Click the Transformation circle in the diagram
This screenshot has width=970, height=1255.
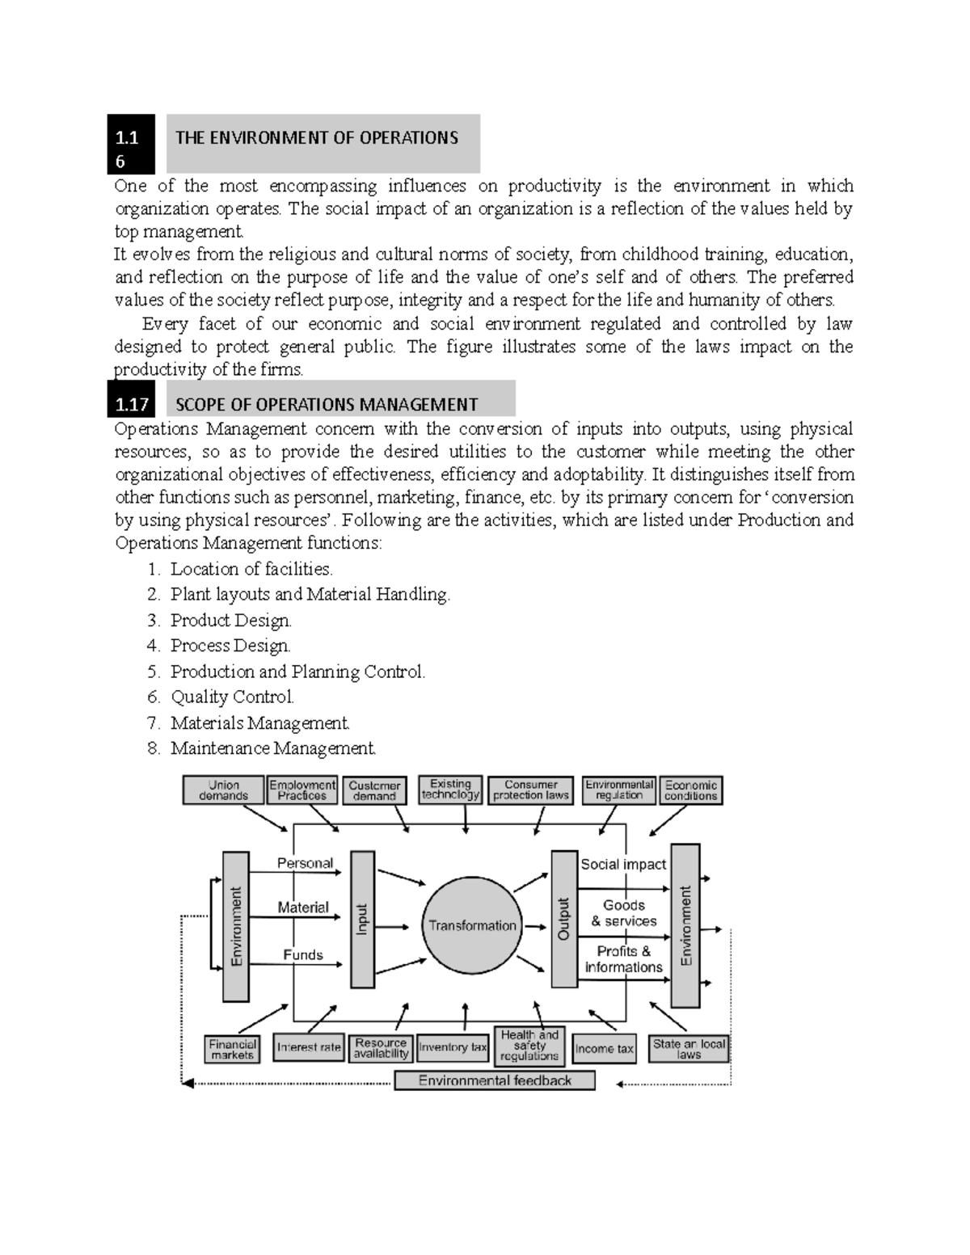point(472,925)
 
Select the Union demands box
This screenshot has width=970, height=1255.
point(224,790)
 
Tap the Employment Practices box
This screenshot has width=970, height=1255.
point(302,790)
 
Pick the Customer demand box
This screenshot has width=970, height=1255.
point(374,790)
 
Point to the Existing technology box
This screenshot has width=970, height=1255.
point(450,790)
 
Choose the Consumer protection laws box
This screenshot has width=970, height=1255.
point(531,790)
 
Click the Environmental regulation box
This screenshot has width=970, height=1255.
point(619,790)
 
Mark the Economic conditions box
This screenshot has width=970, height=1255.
point(691,790)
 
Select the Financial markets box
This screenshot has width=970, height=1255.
point(232,1049)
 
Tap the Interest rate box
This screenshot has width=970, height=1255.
point(309,1047)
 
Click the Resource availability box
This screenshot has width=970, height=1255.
point(381,1048)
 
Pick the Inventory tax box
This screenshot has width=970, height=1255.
point(453,1047)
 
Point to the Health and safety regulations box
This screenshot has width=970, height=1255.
point(529,1046)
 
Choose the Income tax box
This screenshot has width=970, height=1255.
point(604,1048)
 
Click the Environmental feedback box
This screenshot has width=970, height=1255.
point(495,1080)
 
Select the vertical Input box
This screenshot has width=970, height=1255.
point(362,919)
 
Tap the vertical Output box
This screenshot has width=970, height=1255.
point(563,919)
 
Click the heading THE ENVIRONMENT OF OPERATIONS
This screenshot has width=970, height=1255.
point(317,138)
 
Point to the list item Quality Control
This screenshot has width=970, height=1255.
point(232,697)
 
